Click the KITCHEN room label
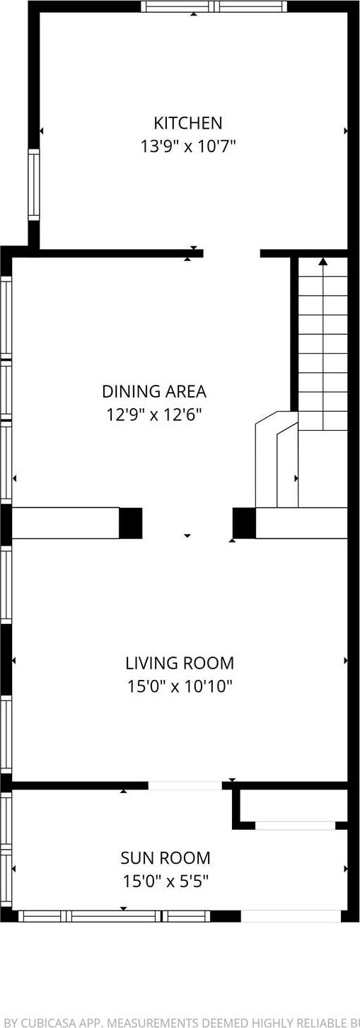[188, 123]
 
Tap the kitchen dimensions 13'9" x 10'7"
[188, 146]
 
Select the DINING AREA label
[154, 391]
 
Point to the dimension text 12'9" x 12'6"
[154, 415]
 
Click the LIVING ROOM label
[180, 663]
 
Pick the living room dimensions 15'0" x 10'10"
[180, 686]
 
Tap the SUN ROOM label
[166, 858]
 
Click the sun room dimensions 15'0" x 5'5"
[166, 882]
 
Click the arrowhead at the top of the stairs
[323, 262]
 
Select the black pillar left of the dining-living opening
[130, 524]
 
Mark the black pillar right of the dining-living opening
[244, 524]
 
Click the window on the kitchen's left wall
[33, 184]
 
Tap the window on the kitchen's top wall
[214, 7]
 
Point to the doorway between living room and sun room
[185, 785]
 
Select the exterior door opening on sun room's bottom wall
[291, 916]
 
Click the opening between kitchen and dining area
[232, 253]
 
